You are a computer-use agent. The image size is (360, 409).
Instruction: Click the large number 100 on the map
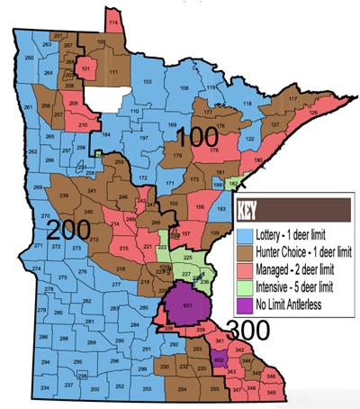point(197,139)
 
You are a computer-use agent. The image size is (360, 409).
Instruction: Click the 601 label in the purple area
point(187,306)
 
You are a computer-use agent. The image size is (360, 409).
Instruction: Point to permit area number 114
point(112,20)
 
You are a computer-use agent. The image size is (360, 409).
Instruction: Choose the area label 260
point(29,58)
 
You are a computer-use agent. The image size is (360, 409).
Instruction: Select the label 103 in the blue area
point(147,81)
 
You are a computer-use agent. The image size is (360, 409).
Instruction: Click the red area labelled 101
point(85,68)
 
